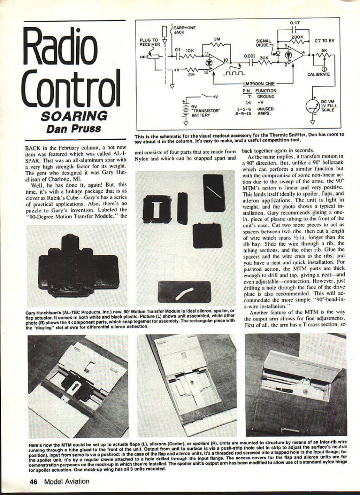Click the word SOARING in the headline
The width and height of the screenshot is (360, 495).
point(74,116)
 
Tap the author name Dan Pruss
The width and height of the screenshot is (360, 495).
point(74,129)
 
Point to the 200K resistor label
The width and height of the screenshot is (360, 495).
point(297,37)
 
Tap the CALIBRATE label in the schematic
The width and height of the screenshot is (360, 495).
point(319,75)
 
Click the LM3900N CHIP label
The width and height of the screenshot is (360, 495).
point(258,84)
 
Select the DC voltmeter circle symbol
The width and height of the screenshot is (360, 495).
point(313,107)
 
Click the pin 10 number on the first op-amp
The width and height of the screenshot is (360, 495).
point(225,60)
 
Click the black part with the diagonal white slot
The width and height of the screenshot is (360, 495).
point(214,193)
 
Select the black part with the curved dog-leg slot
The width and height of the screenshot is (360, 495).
point(184,292)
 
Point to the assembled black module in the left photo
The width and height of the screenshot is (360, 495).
point(78,266)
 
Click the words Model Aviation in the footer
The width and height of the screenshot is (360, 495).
point(67,481)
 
